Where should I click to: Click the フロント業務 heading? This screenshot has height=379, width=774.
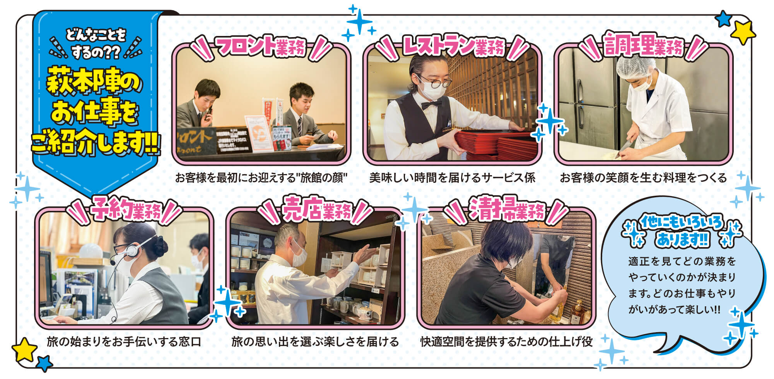[261, 47]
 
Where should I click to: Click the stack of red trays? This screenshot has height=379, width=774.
[497, 143]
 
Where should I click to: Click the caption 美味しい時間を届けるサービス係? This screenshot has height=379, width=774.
[452, 178]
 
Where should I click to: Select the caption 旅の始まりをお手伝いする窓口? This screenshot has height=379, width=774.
[124, 342]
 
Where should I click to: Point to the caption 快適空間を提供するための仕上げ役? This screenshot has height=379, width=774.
[506, 342]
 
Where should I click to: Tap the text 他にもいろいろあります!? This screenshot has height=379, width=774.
[682, 231]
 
